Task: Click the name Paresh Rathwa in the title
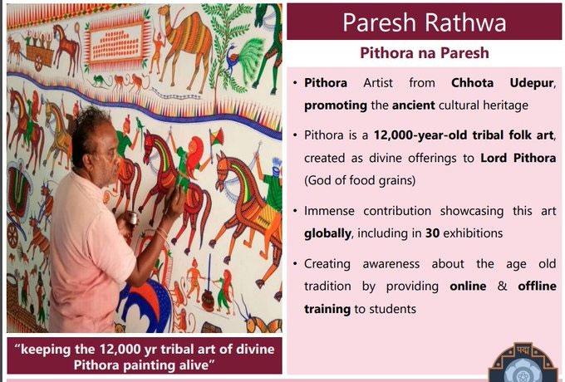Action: click(x=424, y=22)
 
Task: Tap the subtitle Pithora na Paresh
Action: click(x=425, y=53)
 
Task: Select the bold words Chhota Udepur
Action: click(x=503, y=83)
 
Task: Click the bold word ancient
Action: click(x=413, y=105)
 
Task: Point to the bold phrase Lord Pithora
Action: click(x=518, y=158)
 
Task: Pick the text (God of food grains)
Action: click(x=360, y=180)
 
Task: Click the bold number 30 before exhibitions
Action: click(x=432, y=233)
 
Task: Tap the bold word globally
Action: click(x=327, y=234)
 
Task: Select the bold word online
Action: click(x=468, y=286)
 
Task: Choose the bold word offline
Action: click(x=537, y=286)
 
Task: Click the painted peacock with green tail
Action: click(x=245, y=57)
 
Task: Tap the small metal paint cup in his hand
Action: click(x=133, y=218)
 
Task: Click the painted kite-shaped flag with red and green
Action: click(x=216, y=137)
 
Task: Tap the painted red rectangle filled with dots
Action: click(x=116, y=43)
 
